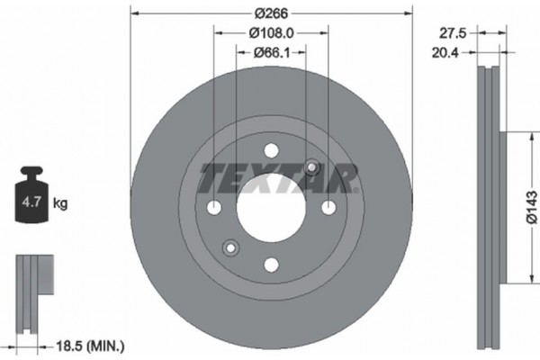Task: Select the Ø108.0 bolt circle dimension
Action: point(271,34)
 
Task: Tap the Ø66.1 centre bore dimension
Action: point(271,54)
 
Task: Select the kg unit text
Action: point(60,204)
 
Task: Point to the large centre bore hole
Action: point(271,208)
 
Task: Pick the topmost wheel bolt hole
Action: point(271,151)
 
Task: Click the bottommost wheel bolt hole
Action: point(271,265)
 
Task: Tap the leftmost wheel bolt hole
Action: point(214,208)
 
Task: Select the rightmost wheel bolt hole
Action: point(328,208)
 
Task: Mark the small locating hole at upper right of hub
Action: point(311,167)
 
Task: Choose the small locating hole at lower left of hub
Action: point(230,248)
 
